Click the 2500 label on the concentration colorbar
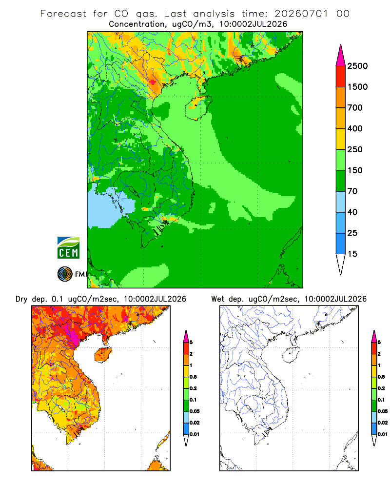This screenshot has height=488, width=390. pyautogui.click(x=357, y=66)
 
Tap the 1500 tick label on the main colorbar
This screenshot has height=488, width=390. pyautogui.click(x=357, y=87)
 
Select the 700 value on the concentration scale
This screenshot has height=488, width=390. pyautogui.click(x=355, y=108)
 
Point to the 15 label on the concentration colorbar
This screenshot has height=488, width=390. pyautogui.click(x=352, y=254)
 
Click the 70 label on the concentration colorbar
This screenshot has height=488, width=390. pyautogui.click(x=352, y=191)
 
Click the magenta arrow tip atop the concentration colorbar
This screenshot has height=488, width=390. pyautogui.click(x=341, y=55)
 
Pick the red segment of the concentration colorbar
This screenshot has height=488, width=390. pyautogui.click(x=341, y=76)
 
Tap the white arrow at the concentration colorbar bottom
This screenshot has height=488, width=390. pyautogui.click(x=341, y=264)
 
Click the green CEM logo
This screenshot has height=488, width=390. pyautogui.click(x=68, y=248)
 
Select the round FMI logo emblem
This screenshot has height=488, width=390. pyautogui.click(x=65, y=274)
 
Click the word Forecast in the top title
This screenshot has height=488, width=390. pyautogui.click(x=63, y=14)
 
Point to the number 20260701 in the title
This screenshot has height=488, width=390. pyautogui.click(x=301, y=14)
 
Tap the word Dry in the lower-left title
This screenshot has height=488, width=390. pyautogui.click(x=21, y=299)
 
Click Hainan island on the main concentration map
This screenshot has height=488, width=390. pyautogui.click(x=198, y=107)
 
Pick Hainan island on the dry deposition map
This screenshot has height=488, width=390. pyautogui.click(x=103, y=355)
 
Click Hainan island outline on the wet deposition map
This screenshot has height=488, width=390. pyautogui.click(x=291, y=355)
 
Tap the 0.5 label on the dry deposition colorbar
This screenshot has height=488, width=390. pyautogui.click(x=193, y=377)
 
